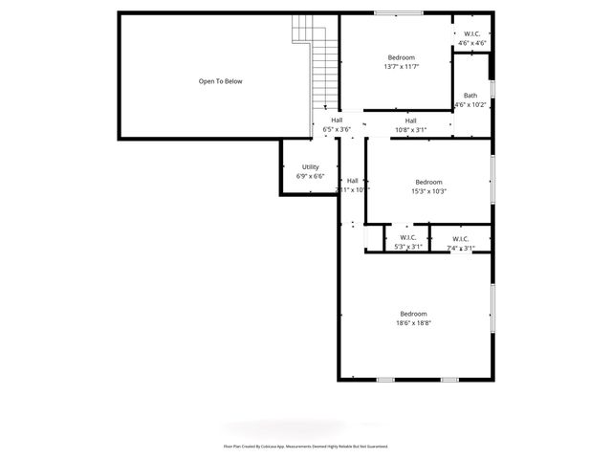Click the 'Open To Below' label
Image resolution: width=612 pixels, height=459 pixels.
pyautogui.click(x=220, y=81)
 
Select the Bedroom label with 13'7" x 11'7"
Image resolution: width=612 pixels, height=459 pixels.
pyautogui.click(x=402, y=57)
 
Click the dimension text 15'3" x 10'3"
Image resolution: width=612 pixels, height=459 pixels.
pyautogui.click(x=428, y=191)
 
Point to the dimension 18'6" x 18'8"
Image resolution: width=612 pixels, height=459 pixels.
pyautogui.click(x=414, y=323)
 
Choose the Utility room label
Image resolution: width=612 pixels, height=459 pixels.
pyautogui.click(x=310, y=166)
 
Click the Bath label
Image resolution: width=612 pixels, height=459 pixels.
pyautogui.click(x=470, y=95)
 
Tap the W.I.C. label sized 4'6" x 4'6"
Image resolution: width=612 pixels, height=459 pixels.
pyautogui.click(x=471, y=33)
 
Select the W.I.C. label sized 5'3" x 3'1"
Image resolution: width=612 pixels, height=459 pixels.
pyautogui.click(x=408, y=237)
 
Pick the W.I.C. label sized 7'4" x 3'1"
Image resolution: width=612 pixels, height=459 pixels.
pyautogui.click(x=460, y=238)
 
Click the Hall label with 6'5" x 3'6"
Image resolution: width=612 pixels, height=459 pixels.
pyautogui.click(x=337, y=120)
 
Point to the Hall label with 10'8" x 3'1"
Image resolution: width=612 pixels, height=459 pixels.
pyautogui.click(x=410, y=120)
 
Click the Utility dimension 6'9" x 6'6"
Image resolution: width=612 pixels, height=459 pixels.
pyautogui.click(x=310, y=176)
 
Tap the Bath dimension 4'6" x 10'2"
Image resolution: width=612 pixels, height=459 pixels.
pyautogui.click(x=470, y=104)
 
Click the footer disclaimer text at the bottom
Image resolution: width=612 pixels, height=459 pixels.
pyautogui.click(x=305, y=446)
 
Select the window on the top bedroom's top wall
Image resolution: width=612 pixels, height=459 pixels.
pyautogui.click(x=398, y=13)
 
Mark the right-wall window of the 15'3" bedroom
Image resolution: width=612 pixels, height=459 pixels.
pyautogui.click(x=493, y=179)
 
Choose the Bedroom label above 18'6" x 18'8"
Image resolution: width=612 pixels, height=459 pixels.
pyautogui.click(x=413, y=314)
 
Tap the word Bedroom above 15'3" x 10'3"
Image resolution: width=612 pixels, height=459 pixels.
pyautogui.click(x=428, y=182)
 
